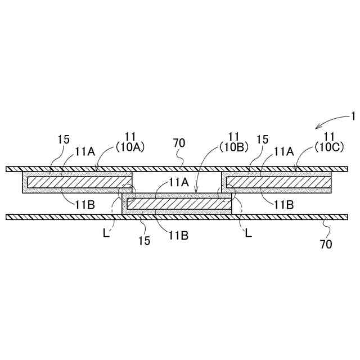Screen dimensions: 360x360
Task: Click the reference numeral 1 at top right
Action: [353, 116]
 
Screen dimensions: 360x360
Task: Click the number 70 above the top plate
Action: [179, 144]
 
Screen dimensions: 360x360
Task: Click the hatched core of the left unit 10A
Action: [79, 182]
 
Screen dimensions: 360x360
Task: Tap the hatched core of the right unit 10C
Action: [278, 182]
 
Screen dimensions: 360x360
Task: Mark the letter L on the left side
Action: [113, 232]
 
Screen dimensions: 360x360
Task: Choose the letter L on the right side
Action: [247, 232]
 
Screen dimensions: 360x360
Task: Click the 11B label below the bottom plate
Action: [179, 236]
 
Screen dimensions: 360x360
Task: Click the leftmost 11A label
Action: [85, 151]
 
